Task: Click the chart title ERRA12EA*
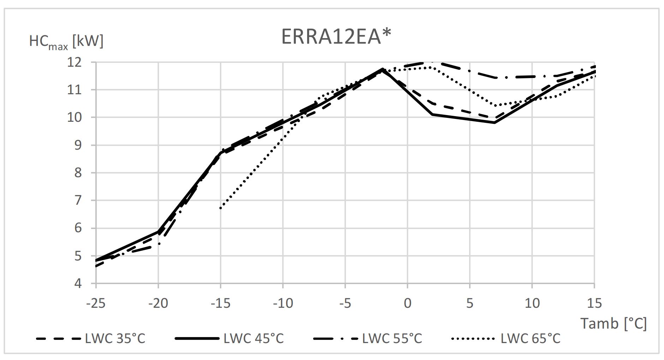[x=336, y=36]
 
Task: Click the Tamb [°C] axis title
[x=614, y=323]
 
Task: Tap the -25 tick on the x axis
[x=96, y=303]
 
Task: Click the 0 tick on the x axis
[x=407, y=303]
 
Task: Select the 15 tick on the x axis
[x=594, y=303]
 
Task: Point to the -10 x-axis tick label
[x=283, y=303]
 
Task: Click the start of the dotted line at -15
[x=221, y=208]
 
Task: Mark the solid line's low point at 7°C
[x=495, y=123]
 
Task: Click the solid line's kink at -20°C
[x=158, y=232]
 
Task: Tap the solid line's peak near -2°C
[x=382, y=69]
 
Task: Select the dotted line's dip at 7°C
[x=496, y=106]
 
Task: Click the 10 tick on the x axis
[x=532, y=303]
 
